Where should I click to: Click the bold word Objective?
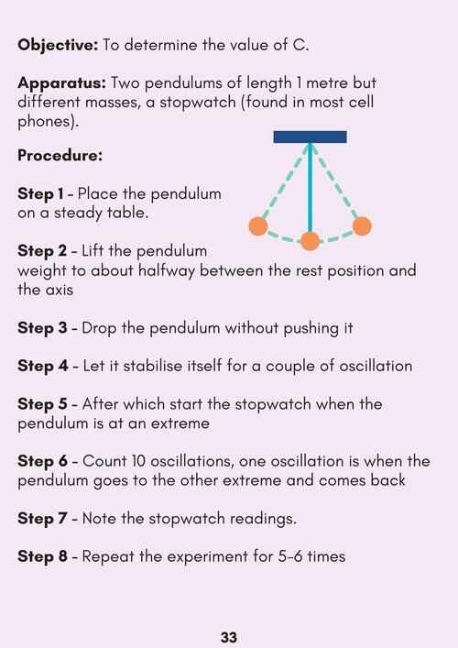58,45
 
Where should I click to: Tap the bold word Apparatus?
62,83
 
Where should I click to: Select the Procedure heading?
60,156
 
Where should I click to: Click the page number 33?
229,637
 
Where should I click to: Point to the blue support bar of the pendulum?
311,137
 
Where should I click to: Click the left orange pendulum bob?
258,226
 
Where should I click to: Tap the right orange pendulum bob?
362,226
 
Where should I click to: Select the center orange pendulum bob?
311,241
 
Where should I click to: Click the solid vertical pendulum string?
311,187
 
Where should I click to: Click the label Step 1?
40,193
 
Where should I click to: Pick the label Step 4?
42,366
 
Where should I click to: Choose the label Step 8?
42,556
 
